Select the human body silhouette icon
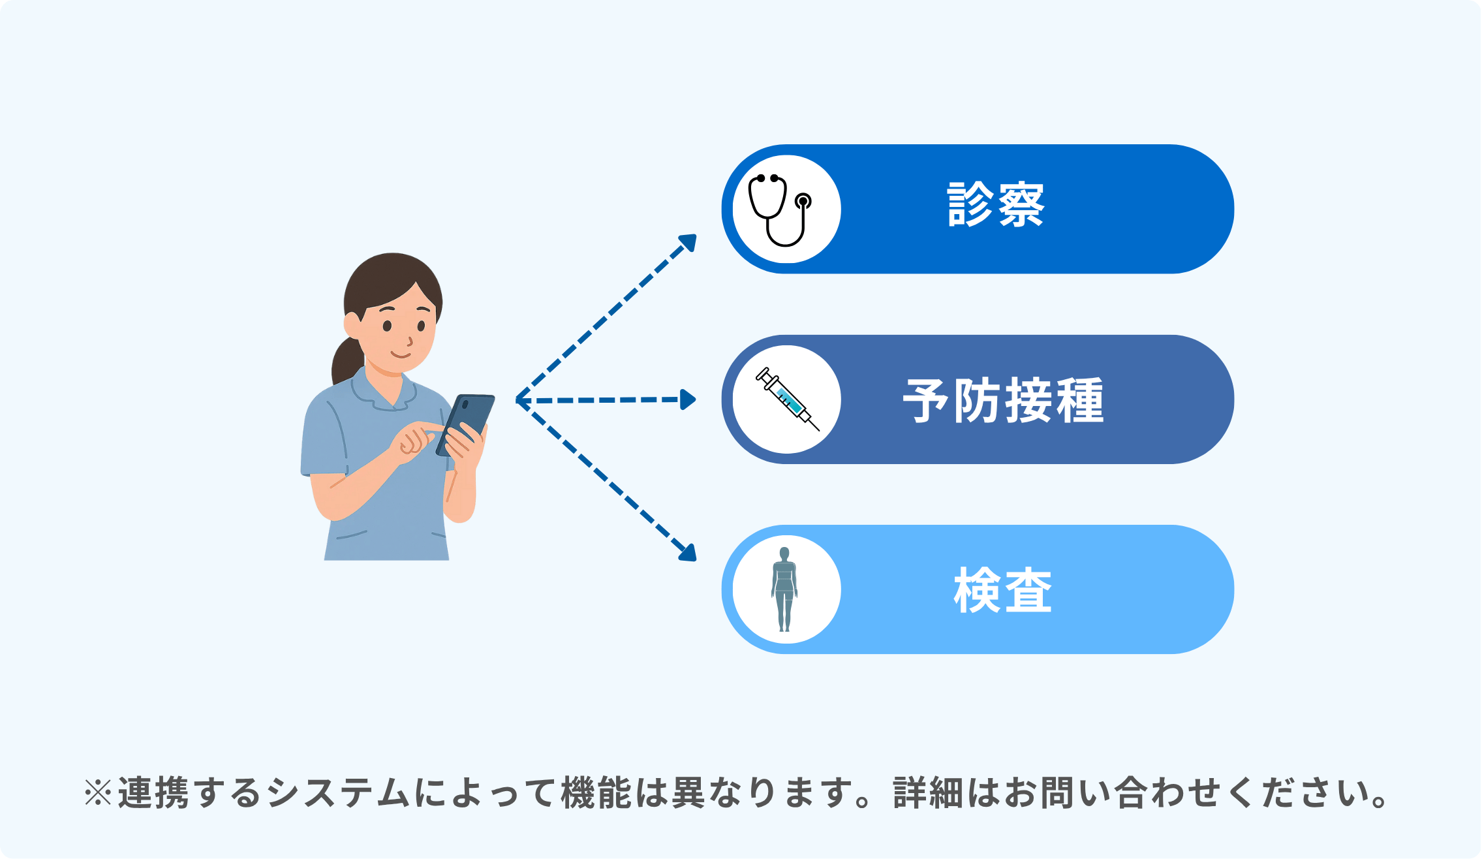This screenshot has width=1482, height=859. pos(784,589)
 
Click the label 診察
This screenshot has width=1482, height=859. pos(996,205)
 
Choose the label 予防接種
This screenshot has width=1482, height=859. pos(1003,400)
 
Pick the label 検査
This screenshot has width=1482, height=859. pos(1003,590)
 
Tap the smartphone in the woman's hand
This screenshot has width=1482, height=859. pos(465,424)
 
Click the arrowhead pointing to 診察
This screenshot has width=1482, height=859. pos(688,242)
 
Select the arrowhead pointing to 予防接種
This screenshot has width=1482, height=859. pos(688,399)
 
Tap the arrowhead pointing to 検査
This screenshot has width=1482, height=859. pos(688,552)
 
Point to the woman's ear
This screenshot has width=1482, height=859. pos(352,324)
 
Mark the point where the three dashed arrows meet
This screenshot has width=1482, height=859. pos(517,399)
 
